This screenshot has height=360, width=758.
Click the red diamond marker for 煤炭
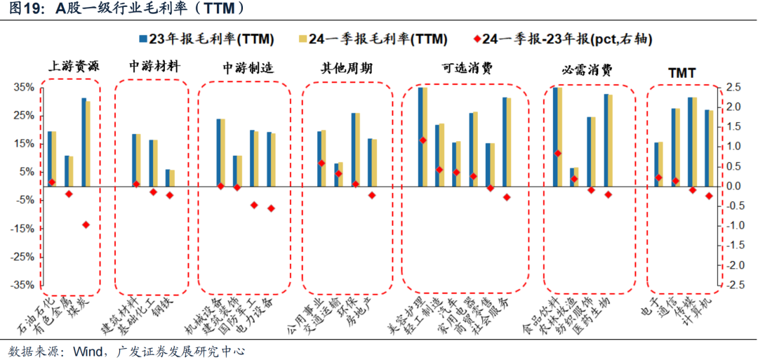click(86, 225)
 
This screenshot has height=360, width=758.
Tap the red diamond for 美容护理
click(423, 140)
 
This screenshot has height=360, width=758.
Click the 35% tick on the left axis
click(24, 88)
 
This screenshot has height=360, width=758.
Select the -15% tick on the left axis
click(22, 229)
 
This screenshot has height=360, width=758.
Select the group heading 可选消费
click(466, 67)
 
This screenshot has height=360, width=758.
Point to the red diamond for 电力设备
click(271, 208)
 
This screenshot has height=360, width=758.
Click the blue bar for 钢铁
click(167, 179)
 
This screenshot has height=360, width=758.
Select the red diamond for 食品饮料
click(557, 153)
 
